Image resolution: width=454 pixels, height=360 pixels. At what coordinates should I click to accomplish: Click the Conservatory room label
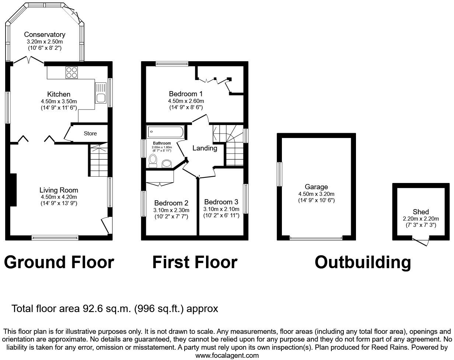coord(45,35)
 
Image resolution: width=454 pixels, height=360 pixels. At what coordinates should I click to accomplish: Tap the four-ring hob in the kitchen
coord(71,72)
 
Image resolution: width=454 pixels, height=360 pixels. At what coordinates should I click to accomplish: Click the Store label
coord(90,133)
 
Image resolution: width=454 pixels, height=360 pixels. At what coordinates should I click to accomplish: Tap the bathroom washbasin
coord(167,163)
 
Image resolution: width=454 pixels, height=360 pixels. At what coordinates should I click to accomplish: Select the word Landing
coord(205,148)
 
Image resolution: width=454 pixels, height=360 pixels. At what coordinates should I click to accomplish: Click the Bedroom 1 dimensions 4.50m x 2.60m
coord(186,101)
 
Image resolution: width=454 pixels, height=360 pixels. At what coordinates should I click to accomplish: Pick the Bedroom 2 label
coord(171,203)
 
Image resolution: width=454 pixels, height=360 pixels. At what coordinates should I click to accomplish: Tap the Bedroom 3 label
coord(221,202)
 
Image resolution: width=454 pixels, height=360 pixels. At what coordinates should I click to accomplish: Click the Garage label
coord(316,187)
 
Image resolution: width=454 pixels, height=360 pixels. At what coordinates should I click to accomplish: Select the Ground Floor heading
coord(59,262)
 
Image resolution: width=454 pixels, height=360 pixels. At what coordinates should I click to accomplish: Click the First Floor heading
coord(195,262)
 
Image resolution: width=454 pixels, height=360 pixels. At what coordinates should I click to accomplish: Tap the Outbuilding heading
coord(363,262)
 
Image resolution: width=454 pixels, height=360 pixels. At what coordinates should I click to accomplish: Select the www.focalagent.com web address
coord(227,356)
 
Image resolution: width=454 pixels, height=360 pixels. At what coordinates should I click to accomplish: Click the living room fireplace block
coord(14,190)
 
